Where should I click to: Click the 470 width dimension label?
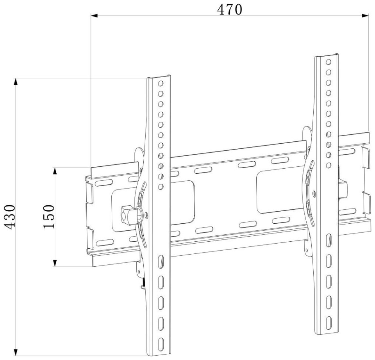(x=230, y=10)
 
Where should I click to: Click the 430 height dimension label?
(x=11, y=217)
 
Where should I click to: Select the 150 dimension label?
(x=49, y=217)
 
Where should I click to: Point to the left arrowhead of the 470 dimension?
(x=94, y=16)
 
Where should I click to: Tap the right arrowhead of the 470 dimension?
(x=365, y=16)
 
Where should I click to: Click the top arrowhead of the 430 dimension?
(x=16, y=82)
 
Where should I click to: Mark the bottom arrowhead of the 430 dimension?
(x=16, y=352)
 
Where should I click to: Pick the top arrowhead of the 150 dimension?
(x=55, y=171)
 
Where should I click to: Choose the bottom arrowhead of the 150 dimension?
(x=55, y=263)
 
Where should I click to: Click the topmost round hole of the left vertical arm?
(x=161, y=84)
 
